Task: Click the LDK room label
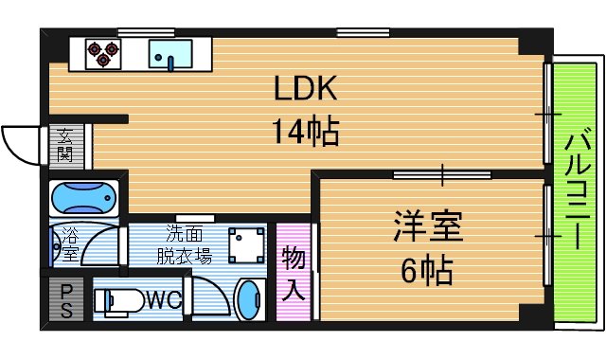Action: click(x=306, y=89)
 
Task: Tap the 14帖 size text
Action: click(x=306, y=131)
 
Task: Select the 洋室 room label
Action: click(x=427, y=228)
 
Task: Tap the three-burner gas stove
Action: click(x=100, y=54)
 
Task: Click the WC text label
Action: click(x=163, y=301)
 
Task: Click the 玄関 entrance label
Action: click(x=65, y=145)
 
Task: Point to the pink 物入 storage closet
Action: click(x=293, y=272)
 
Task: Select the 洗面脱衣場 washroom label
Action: click(x=183, y=245)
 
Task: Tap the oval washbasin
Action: click(x=249, y=301)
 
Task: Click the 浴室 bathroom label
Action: click(x=69, y=244)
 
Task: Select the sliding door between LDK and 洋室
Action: click(x=442, y=174)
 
